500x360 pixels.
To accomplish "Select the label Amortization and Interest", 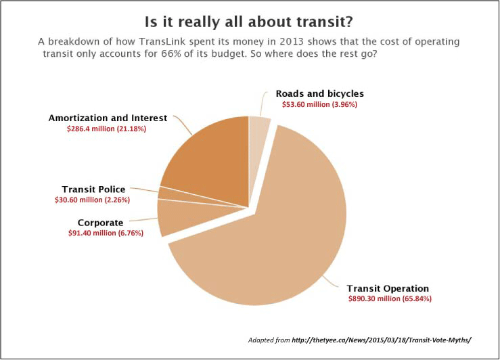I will tap(107, 118).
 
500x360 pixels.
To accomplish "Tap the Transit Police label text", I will tap(93, 189).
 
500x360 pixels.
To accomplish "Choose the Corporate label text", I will tap(100, 222).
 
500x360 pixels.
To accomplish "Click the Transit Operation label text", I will tap(388, 288).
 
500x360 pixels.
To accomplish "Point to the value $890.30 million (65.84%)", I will tap(390, 298).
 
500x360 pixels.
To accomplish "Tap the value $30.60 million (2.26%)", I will tap(92, 200).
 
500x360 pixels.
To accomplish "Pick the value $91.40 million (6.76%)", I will tap(99, 233).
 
